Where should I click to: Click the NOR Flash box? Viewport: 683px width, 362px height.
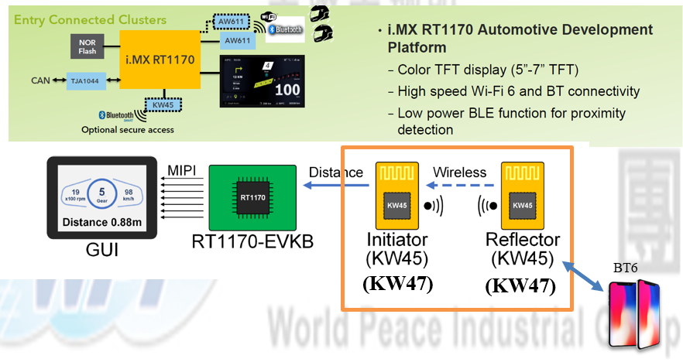click(x=88, y=46)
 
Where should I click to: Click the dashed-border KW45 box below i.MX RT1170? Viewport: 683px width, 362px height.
click(x=164, y=104)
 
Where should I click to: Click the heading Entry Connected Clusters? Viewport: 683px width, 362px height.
click(x=91, y=19)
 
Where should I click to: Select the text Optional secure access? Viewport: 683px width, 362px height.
click(x=128, y=129)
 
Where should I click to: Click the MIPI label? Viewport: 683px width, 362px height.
click(x=184, y=169)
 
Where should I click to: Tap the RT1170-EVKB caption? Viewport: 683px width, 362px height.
click(x=252, y=243)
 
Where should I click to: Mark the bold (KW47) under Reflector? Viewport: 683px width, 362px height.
click(x=520, y=285)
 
